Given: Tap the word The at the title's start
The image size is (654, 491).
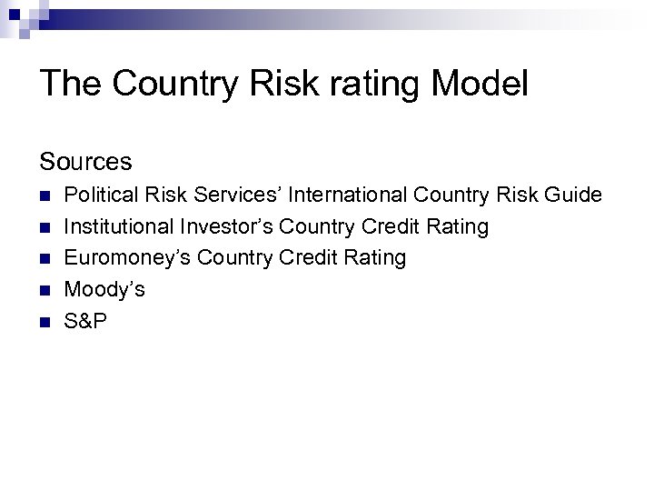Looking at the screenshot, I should click(71, 84).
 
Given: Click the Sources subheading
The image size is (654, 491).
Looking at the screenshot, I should click(85, 162).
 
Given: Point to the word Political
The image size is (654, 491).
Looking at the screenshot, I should click(101, 195).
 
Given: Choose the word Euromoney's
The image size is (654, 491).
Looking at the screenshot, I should click(127, 258).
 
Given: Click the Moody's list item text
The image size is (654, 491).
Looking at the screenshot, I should click(104, 290).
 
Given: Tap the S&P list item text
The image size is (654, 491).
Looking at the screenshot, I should click(85, 321).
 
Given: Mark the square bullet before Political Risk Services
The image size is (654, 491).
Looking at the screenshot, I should click(45, 195).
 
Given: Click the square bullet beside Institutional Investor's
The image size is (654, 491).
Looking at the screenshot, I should click(45, 227).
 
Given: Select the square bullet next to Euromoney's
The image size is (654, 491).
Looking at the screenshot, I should click(45, 259).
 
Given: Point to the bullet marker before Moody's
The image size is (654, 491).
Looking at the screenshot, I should click(45, 291).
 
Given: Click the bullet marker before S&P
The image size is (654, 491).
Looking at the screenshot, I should click(45, 322).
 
